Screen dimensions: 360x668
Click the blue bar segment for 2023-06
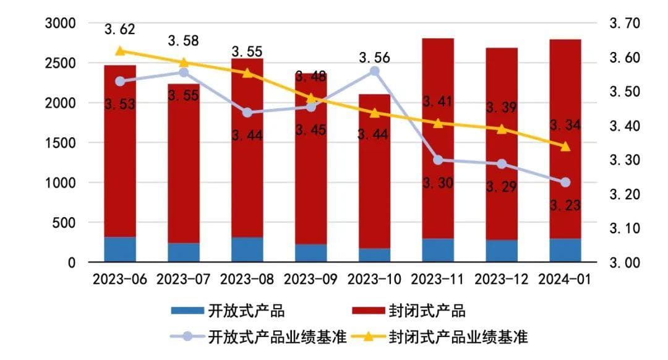(x=120, y=249)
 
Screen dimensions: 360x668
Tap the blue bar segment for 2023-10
(x=374, y=255)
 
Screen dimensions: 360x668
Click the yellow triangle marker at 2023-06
(x=120, y=51)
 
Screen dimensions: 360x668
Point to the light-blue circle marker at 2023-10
(x=374, y=71)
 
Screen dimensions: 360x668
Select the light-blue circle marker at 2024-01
(x=565, y=182)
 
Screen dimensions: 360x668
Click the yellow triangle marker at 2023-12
(x=502, y=129)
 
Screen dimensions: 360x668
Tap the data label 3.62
(x=119, y=29)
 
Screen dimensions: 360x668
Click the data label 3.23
(x=565, y=205)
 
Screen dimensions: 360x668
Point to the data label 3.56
(x=374, y=58)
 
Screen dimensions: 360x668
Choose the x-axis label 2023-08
(x=247, y=279)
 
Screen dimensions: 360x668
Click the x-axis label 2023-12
(x=501, y=279)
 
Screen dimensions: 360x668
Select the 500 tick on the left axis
(x=64, y=223)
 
